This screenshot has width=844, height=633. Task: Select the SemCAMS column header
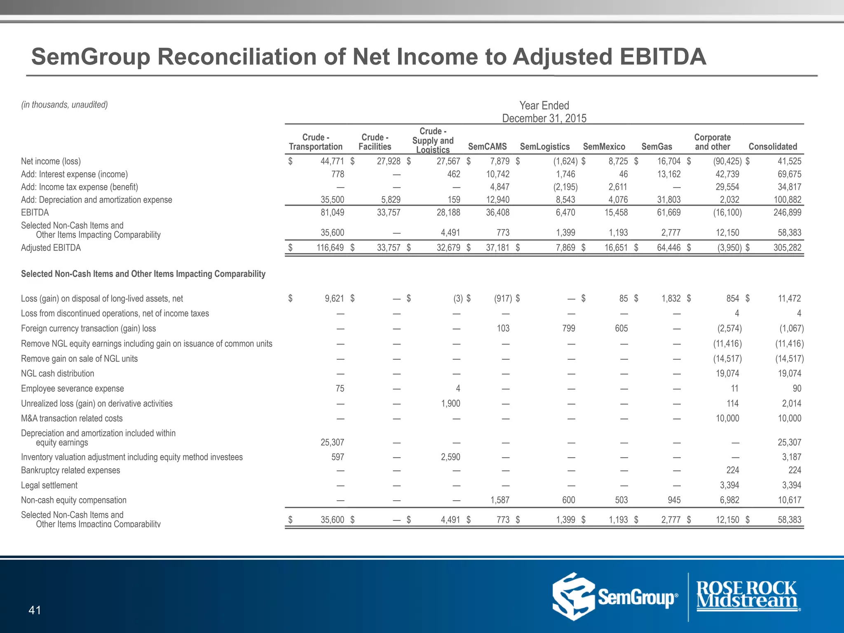point(487,147)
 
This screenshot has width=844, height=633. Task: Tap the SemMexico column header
point(604,147)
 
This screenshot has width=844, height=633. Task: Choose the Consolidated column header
point(773,147)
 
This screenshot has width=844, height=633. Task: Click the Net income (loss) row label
point(51,161)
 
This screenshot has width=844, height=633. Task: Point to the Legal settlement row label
point(49,485)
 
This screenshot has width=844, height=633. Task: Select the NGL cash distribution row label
point(57,373)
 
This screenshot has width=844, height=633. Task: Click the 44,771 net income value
point(332,161)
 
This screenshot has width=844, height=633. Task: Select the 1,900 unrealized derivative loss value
point(450,403)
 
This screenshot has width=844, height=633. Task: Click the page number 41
point(35,610)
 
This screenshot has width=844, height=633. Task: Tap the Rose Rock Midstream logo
point(746,595)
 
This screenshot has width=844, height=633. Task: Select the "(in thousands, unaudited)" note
point(64,105)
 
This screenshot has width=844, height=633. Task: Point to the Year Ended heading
point(544,105)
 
